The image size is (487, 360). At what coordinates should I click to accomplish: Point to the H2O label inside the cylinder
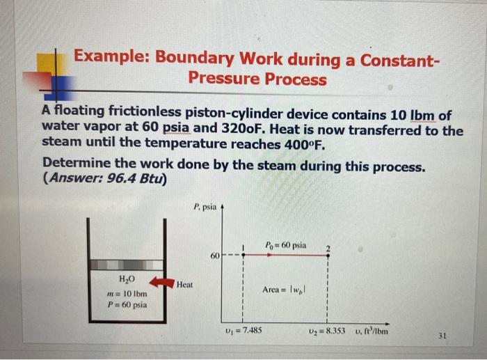122,279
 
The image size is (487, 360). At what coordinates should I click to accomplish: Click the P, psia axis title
206,206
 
